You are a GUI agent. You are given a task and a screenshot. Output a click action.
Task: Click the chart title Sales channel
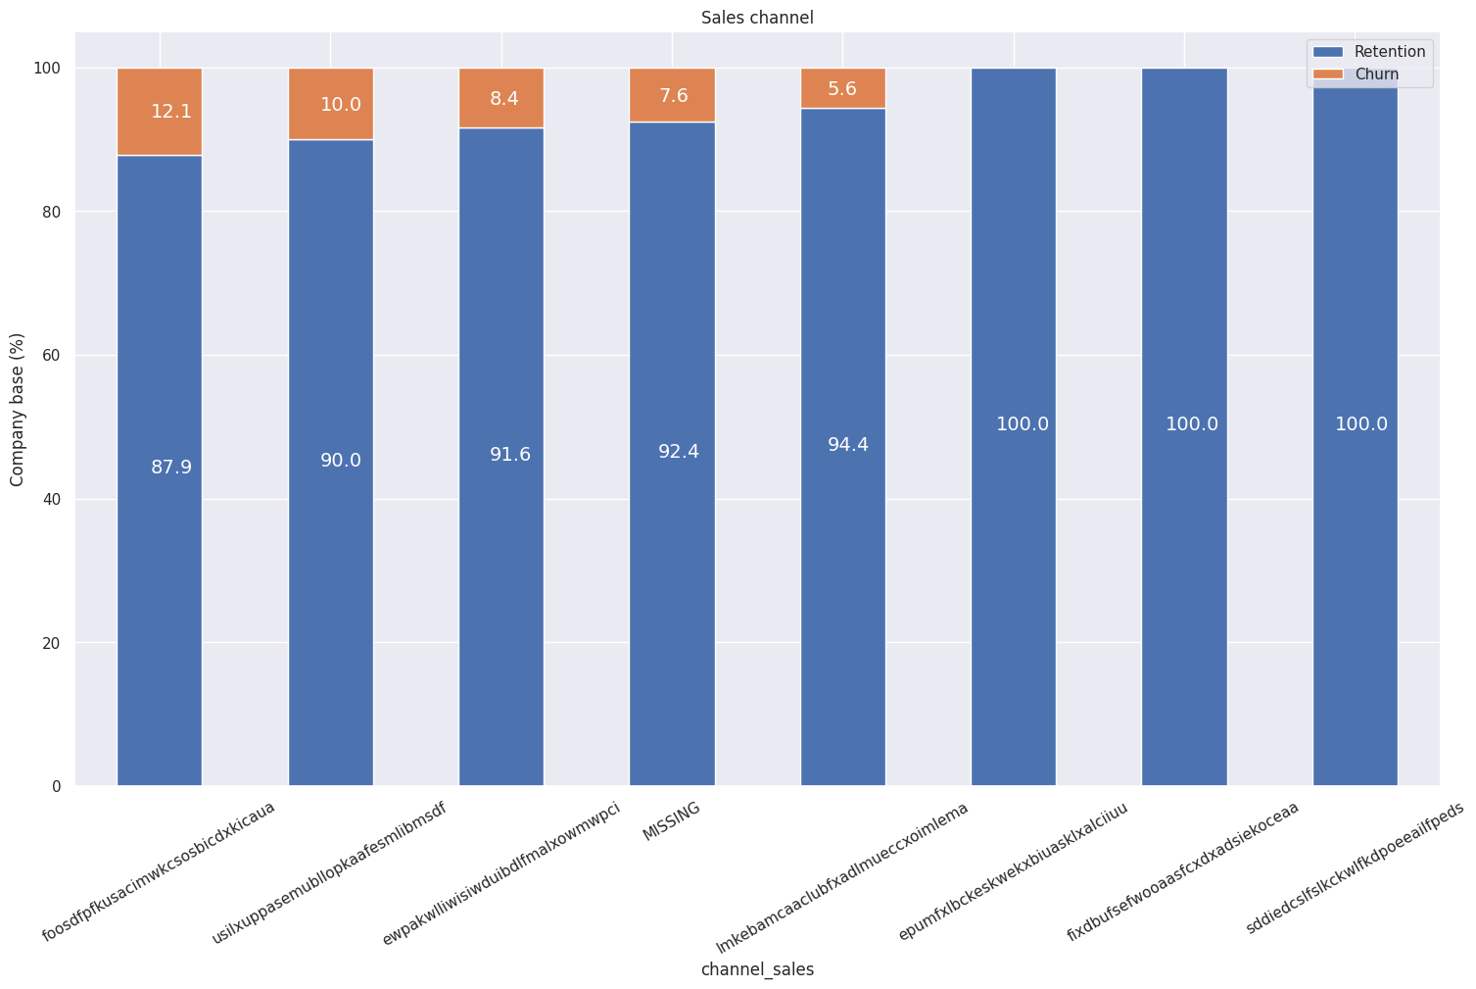click(757, 18)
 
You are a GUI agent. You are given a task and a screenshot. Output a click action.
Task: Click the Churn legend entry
click(1377, 74)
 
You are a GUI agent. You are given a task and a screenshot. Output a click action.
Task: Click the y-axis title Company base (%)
click(17, 409)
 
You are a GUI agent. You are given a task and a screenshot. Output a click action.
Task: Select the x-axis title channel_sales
click(757, 969)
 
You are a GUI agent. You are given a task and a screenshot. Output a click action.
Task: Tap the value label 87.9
click(171, 468)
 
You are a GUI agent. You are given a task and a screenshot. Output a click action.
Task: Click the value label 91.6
click(510, 455)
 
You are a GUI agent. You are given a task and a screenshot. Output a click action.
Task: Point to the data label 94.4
click(848, 445)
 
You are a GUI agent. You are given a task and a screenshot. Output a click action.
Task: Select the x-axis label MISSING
click(671, 821)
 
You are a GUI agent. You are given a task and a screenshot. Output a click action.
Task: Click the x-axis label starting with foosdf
click(159, 871)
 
